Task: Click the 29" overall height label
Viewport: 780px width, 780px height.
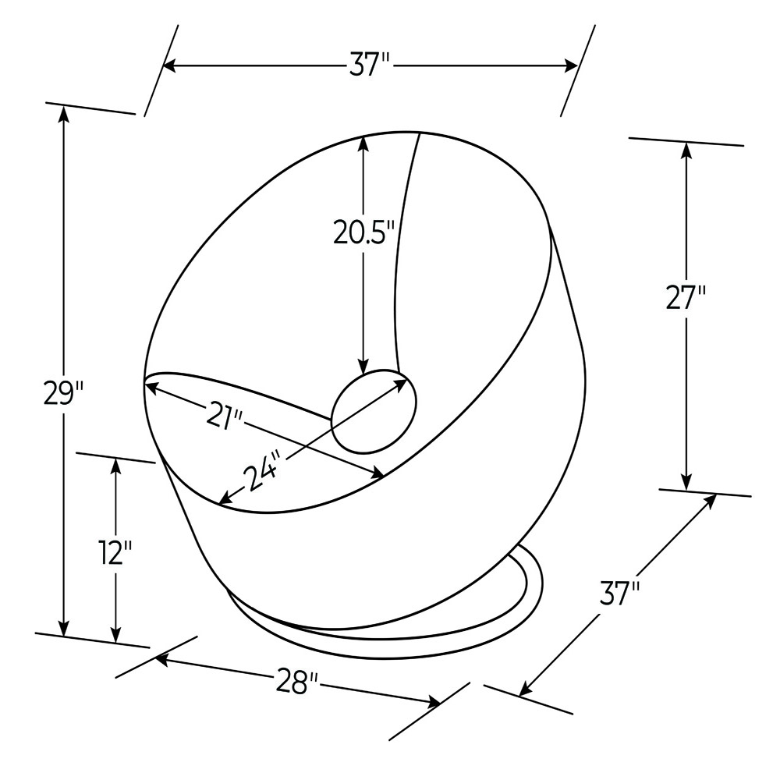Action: [63, 394]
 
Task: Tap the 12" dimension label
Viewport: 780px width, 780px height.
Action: [115, 553]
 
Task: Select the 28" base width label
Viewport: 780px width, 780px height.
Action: [298, 681]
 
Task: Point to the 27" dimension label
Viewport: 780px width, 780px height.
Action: [686, 297]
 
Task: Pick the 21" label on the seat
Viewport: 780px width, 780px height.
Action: [228, 415]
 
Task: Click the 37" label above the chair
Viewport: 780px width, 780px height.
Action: [370, 65]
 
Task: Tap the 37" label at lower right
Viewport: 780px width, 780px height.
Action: [619, 594]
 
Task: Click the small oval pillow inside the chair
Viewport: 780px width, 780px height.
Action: [374, 411]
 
